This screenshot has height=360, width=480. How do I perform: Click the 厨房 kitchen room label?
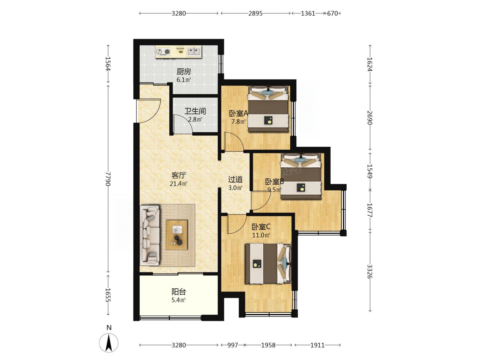(x=184, y=72)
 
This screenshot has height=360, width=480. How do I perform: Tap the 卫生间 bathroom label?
(x=195, y=111)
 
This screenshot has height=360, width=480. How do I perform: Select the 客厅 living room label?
(x=179, y=175)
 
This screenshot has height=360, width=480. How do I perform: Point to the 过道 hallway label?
(x=235, y=180)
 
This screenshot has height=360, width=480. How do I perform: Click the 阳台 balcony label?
(x=179, y=292)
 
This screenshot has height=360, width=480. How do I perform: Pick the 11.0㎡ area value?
(x=261, y=235)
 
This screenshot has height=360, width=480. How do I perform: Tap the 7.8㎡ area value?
(x=238, y=122)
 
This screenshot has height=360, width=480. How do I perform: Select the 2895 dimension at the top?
(x=256, y=14)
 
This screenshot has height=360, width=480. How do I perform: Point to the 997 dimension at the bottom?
(x=233, y=345)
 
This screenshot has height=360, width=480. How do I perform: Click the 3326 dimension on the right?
(x=369, y=272)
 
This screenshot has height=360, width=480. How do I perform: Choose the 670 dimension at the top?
(x=332, y=14)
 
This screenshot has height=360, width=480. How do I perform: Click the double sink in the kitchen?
(x=194, y=52)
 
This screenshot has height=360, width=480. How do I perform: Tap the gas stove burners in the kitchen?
(x=163, y=52)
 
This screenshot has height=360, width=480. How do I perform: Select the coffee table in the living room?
(x=177, y=235)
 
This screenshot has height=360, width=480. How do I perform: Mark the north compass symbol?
(x=109, y=343)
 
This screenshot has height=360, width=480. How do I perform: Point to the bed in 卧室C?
(x=268, y=264)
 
